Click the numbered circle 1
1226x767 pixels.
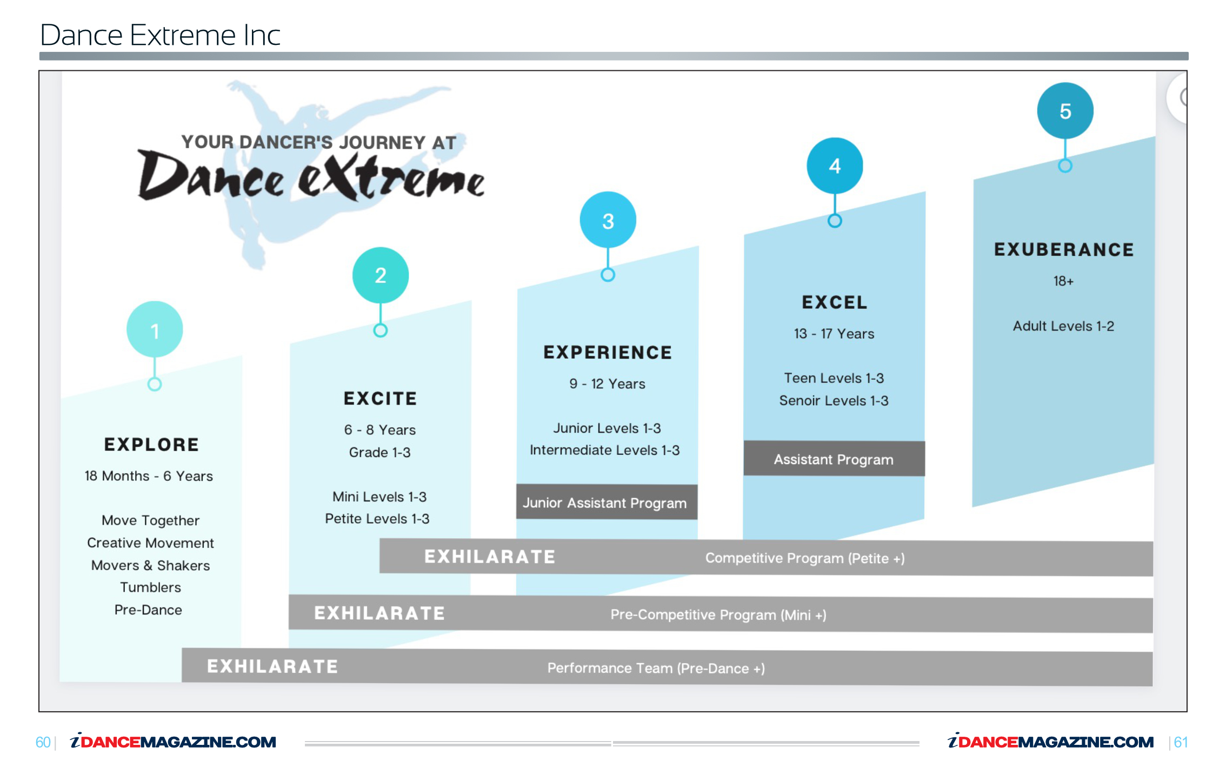[155, 329]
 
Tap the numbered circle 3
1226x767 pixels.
[608, 220]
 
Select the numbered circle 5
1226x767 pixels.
[1065, 110]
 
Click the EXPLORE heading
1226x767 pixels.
[151, 445]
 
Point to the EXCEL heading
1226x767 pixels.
[835, 302]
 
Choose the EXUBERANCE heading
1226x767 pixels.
[1064, 249]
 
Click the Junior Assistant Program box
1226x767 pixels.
[607, 502]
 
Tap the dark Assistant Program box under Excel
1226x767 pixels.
[834, 459]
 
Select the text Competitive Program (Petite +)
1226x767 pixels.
[805, 558]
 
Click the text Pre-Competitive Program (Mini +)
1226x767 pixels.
[718, 614]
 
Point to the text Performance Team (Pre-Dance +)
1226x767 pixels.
[656, 668]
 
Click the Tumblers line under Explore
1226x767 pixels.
[150, 587]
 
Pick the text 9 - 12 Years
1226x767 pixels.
[607, 384]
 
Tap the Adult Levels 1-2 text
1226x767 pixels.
[1063, 326]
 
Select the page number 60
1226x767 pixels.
[43, 742]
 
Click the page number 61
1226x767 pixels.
[1181, 742]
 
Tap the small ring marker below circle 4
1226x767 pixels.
[835, 221]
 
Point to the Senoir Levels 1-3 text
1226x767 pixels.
[834, 401]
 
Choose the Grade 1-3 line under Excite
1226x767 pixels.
[379, 452]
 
